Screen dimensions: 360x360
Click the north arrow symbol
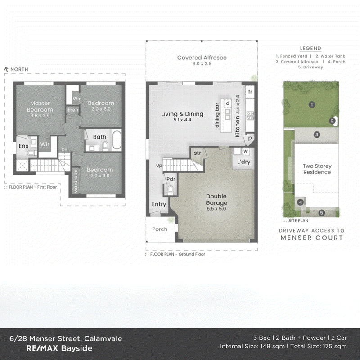(x=6, y=69)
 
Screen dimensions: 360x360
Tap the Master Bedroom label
(x=40, y=106)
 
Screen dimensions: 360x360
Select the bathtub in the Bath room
(x=117, y=140)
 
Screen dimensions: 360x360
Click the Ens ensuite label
(x=23, y=146)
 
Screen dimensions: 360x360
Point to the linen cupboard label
(x=72, y=110)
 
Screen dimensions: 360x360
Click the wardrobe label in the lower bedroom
(x=76, y=181)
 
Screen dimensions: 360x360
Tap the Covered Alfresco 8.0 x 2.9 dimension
(x=202, y=63)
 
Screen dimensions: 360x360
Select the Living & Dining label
(x=182, y=114)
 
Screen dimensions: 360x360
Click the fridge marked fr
(x=250, y=92)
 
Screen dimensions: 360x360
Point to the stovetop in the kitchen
(x=250, y=116)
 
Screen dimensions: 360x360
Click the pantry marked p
(x=250, y=139)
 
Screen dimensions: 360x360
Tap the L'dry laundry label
(x=243, y=162)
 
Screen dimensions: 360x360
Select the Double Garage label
(x=216, y=199)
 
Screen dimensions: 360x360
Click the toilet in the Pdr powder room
(x=171, y=190)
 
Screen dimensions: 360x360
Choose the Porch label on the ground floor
(x=160, y=229)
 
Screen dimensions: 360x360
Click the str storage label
(x=198, y=153)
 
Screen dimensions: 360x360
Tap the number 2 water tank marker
(x=332, y=121)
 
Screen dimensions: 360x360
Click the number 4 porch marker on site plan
(x=300, y=202)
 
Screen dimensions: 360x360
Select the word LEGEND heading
(x=310, y=49)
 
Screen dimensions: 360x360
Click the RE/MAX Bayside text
(x=59, y=348)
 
